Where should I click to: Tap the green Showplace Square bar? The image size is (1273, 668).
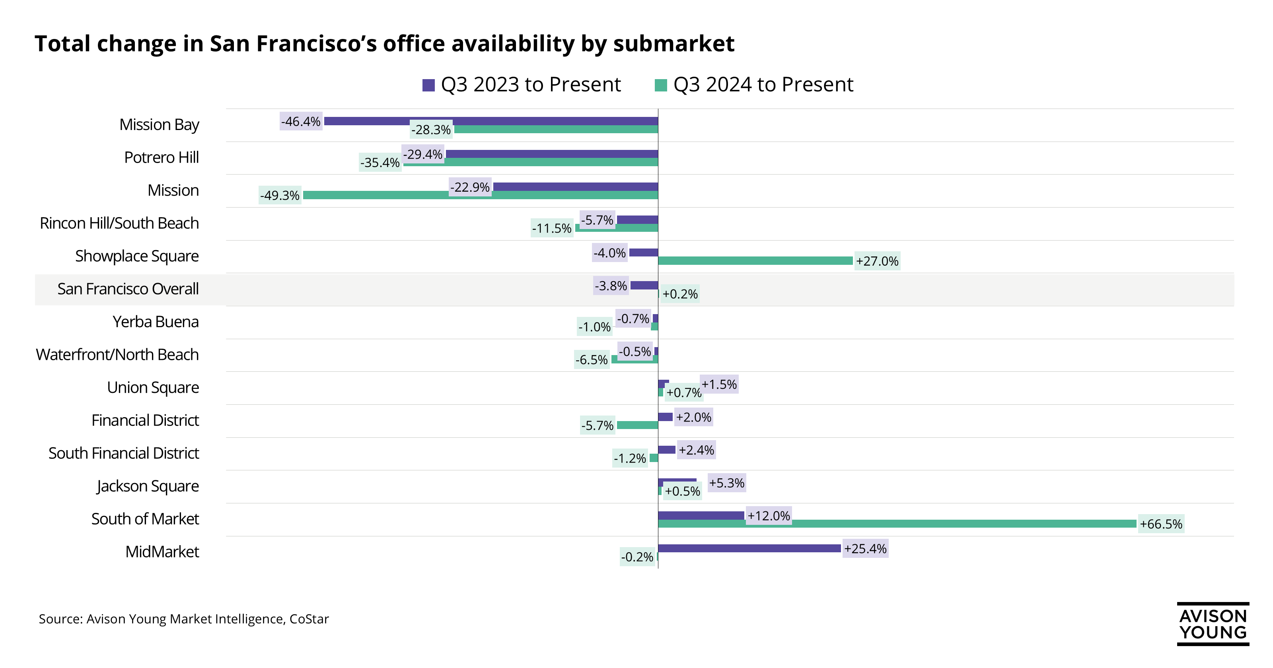[x=755, y=261]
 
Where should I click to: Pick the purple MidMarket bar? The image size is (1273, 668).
[x=749, y=548]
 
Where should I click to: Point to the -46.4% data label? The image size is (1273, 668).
[x=301, y=121]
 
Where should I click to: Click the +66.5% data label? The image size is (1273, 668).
[x=1161, y=524]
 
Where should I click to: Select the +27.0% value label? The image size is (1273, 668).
[x=877, y=261]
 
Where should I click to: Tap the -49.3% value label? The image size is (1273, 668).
[x=280, y=196]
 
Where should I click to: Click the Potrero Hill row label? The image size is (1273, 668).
[x=161, y=157]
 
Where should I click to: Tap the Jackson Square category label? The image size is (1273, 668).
[x=148, y=486]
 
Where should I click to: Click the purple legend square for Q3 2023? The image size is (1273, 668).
[x=428, y=85]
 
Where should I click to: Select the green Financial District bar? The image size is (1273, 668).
[x=637, y=425]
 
